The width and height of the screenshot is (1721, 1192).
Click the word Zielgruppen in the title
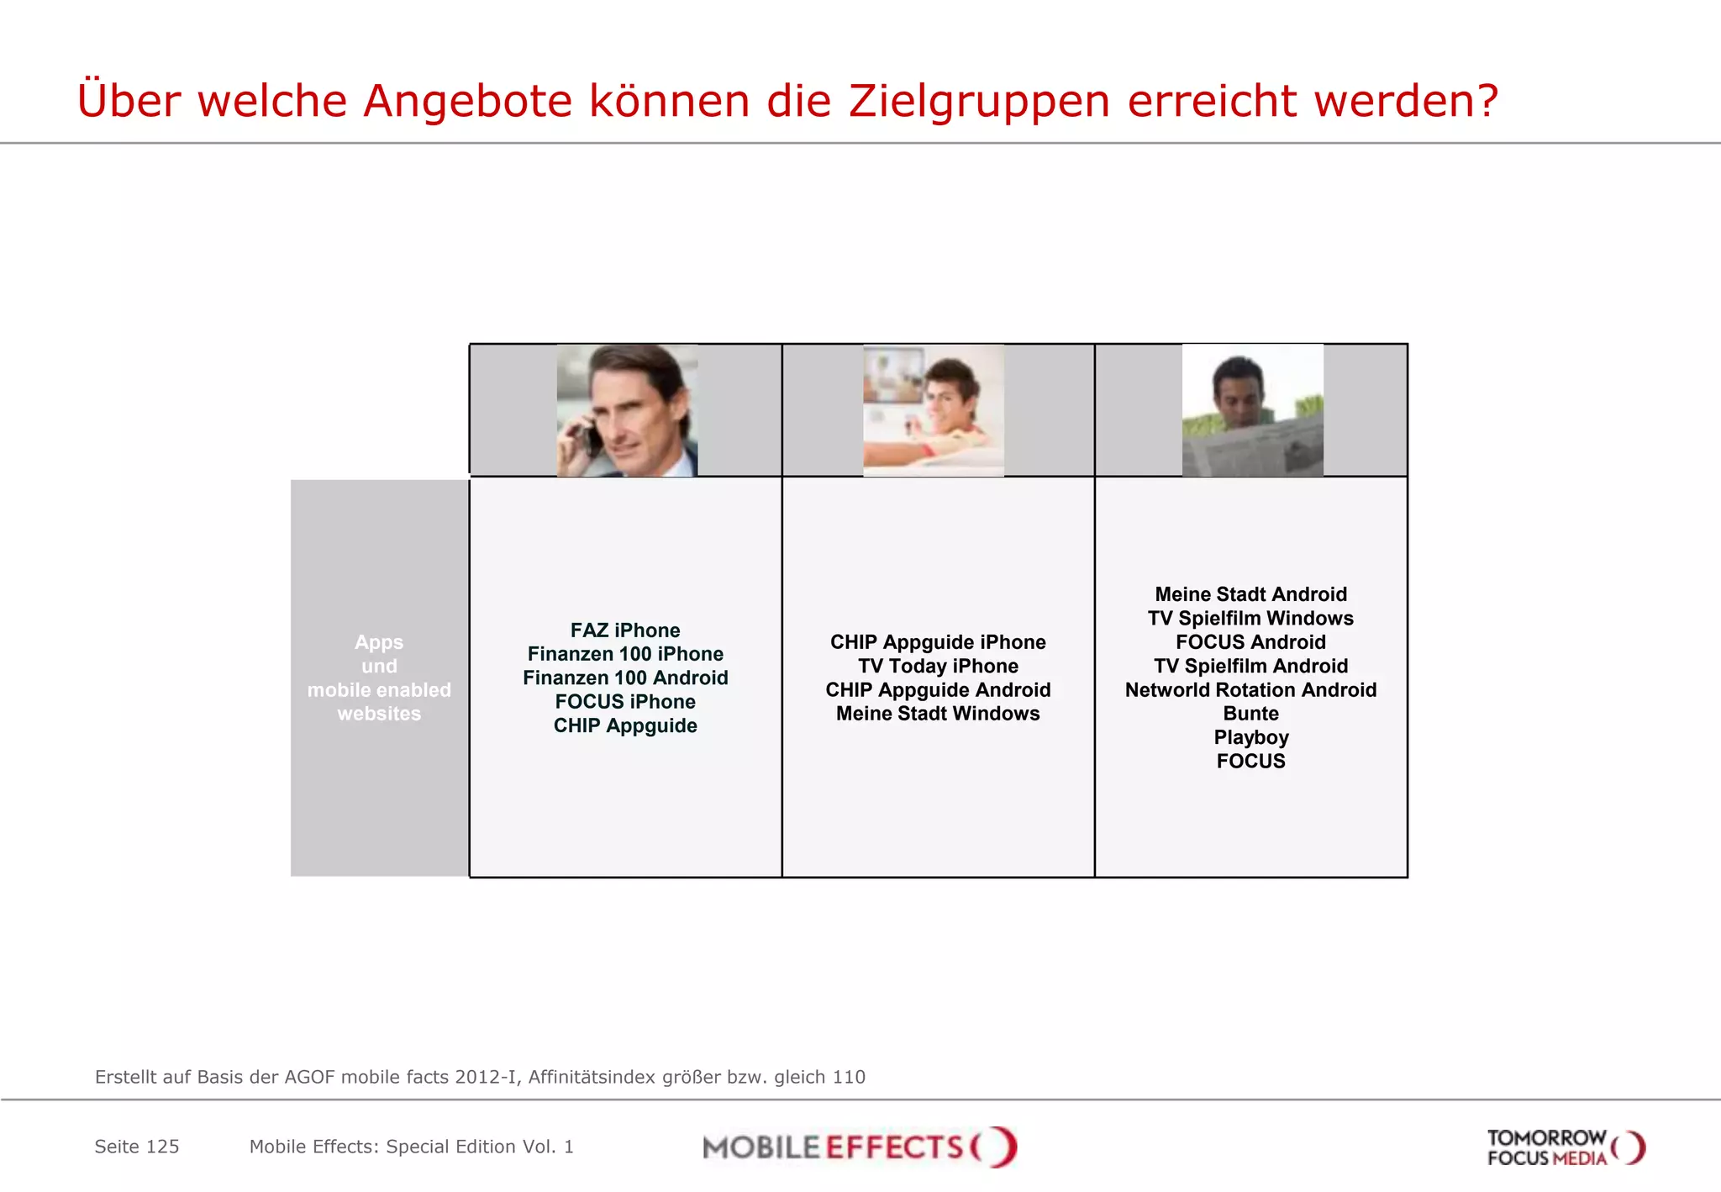980,102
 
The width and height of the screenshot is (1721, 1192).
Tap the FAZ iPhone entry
625,630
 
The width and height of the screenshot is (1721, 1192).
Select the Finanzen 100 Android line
625,678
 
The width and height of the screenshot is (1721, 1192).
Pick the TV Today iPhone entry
938,666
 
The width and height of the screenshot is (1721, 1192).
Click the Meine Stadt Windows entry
938,714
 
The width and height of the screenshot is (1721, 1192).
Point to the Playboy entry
1250,737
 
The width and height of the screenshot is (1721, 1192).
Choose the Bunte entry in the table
1250,714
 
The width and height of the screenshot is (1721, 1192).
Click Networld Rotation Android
1250,690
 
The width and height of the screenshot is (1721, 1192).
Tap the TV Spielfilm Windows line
1250,619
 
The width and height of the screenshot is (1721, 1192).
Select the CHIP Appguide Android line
938,690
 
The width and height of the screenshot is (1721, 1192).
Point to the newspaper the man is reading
1252,450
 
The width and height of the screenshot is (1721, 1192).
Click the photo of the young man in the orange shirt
934,410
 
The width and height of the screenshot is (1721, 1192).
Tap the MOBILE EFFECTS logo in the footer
859,1147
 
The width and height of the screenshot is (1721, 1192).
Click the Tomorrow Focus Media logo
1565,1147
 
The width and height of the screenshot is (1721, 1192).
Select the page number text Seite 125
137,1147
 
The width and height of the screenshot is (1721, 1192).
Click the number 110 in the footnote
849,1077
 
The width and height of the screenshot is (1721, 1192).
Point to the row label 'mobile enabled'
379,690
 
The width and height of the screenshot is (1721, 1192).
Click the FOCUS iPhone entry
625,702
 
